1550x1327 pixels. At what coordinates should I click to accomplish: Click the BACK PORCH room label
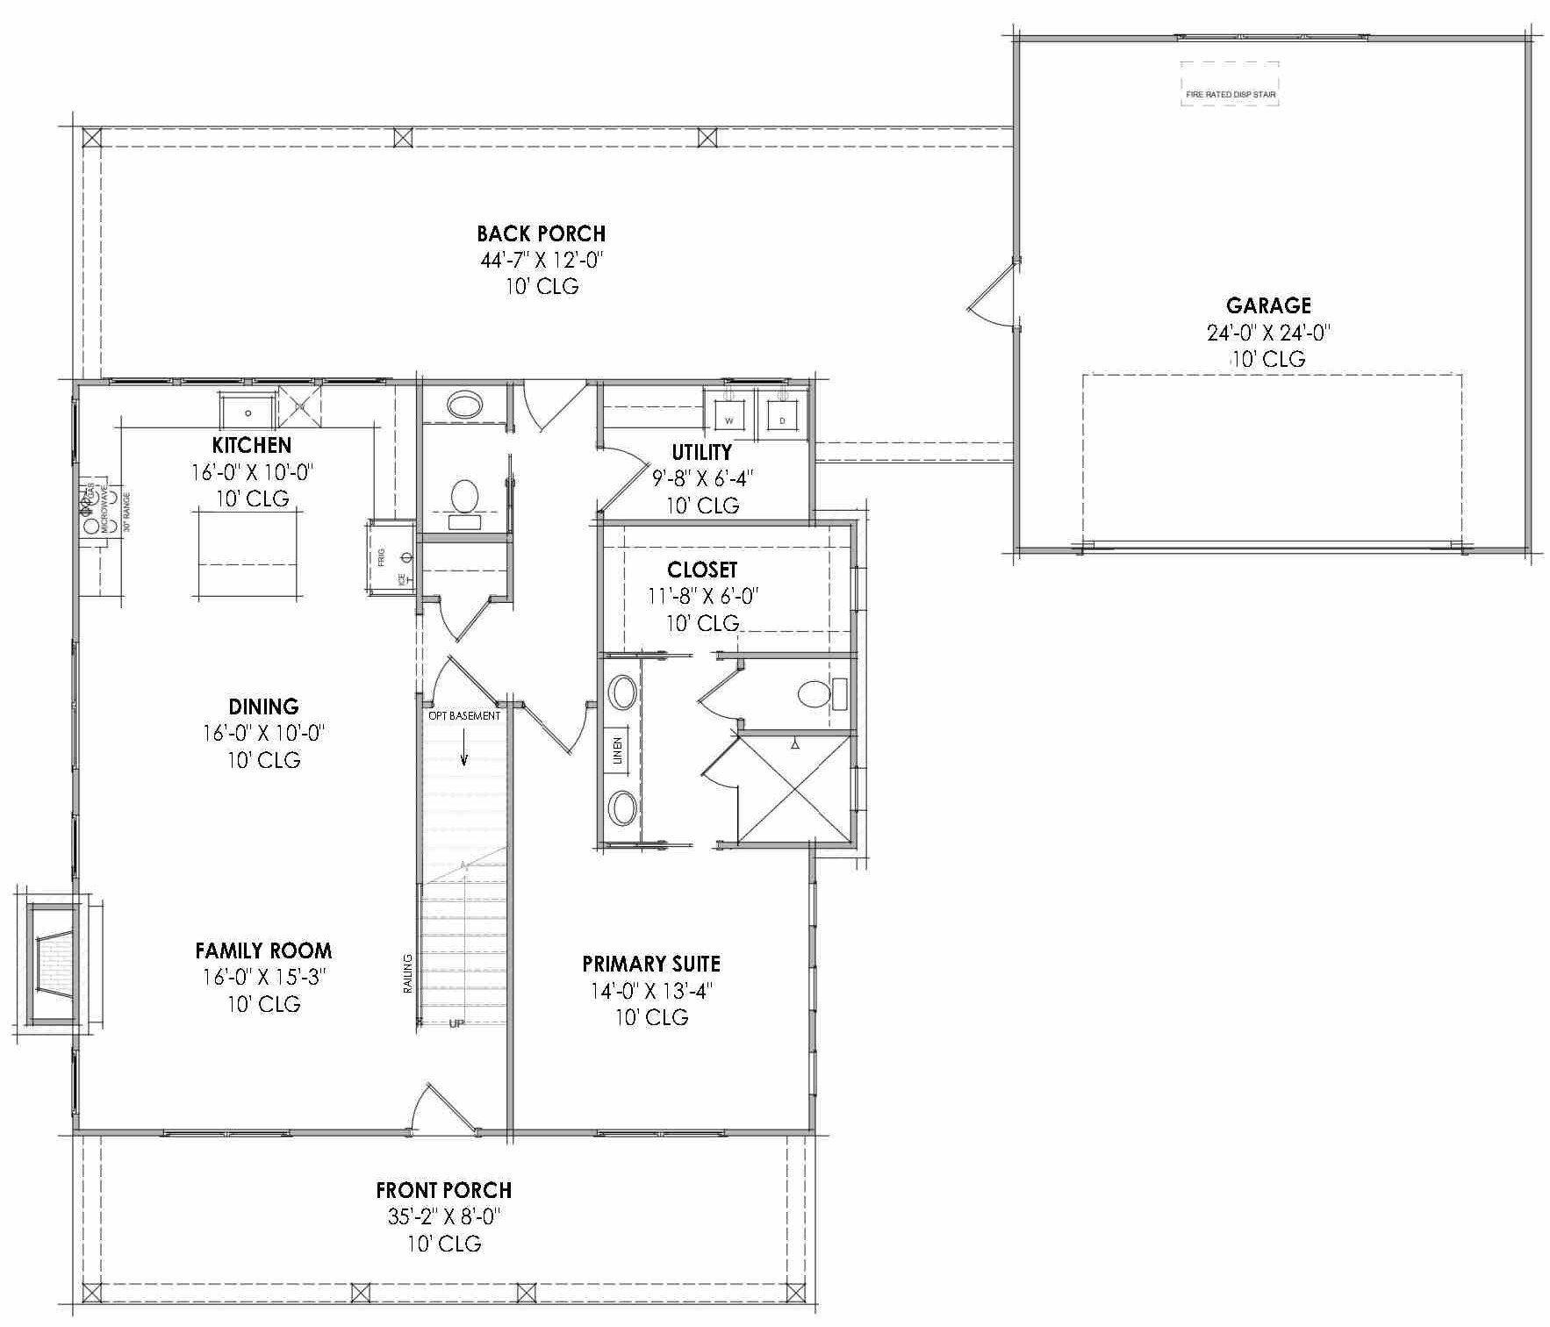click(x=541, y=233)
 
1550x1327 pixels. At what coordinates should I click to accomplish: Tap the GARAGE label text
click(x=1268, y=305)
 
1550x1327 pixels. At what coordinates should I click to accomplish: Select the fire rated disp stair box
click(x=1230, y=84)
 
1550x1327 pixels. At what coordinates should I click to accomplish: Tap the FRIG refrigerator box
click(x=391, y=558)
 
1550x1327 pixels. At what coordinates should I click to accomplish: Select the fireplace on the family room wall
click(x=54, y=963)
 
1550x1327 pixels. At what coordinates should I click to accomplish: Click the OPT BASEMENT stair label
click(x=464, y=716)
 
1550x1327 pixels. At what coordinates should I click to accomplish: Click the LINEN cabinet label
click(x=617, y=751)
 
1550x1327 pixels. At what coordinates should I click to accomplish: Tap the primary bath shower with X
click(x=793, y=789)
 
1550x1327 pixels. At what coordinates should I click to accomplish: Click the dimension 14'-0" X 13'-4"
click(x=650, y=991)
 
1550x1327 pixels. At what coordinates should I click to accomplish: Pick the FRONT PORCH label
click(x=444, y=1190)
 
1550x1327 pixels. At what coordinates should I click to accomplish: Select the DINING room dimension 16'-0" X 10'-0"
click(x=263, y=733)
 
